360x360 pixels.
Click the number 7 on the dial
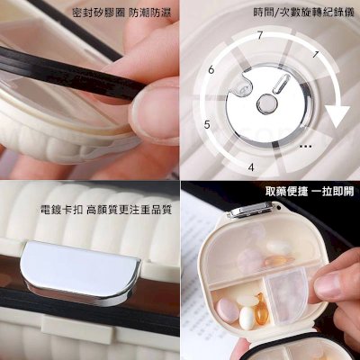coord(260,35)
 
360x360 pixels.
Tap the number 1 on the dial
coord(315,55)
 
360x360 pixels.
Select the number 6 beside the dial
coord(211,70)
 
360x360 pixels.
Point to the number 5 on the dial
coord(207,124)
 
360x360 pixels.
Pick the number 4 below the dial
coord(251,166)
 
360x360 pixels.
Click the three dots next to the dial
coord(306,147)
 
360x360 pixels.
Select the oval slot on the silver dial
coord(282,83)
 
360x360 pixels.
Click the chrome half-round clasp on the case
coord(80,271)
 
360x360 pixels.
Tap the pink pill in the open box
coord(226,310)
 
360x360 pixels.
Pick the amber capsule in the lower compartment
coord(260,309)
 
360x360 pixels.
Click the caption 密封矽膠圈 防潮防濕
coord(121,13)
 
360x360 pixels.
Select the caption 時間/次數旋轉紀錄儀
coord(304,13)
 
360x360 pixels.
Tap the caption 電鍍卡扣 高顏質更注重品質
coord(106,210)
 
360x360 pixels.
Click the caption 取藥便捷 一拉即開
coord(310,192)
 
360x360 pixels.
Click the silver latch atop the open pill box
coord(251,210)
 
